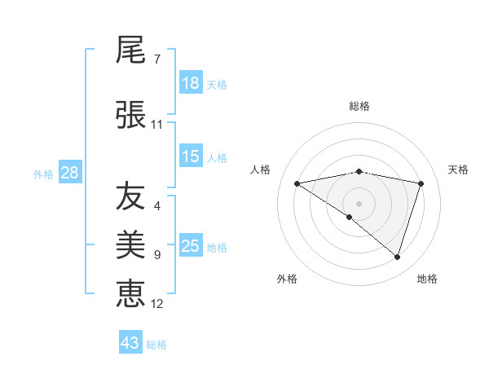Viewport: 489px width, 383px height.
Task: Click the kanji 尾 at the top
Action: (130, 51)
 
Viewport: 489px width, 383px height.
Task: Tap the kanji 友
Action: (130, 196)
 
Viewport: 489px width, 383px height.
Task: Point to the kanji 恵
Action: (130, 292)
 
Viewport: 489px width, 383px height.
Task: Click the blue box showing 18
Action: (191, 83)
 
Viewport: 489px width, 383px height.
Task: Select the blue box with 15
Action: (191, 156)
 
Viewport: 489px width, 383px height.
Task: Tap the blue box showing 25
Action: (191, 246)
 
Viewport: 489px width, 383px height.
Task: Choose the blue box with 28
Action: (69, 173)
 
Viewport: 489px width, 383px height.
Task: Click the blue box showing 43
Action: (130, 343)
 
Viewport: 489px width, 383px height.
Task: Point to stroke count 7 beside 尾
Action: (156, 59)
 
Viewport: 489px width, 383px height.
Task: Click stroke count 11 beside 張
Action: (156, 125)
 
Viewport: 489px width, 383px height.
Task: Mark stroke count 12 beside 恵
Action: (157, 304)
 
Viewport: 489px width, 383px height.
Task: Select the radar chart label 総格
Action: (359, 106)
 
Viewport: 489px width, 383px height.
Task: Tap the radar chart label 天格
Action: (458, 169)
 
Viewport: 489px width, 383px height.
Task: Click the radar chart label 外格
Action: (287, 279)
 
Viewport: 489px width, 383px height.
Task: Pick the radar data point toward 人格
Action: (297, 183)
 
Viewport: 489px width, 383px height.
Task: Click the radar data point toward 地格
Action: (397, 257)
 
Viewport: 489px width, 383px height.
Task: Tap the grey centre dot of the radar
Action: (359, 203)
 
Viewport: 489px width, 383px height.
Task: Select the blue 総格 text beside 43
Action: (156, 345)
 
